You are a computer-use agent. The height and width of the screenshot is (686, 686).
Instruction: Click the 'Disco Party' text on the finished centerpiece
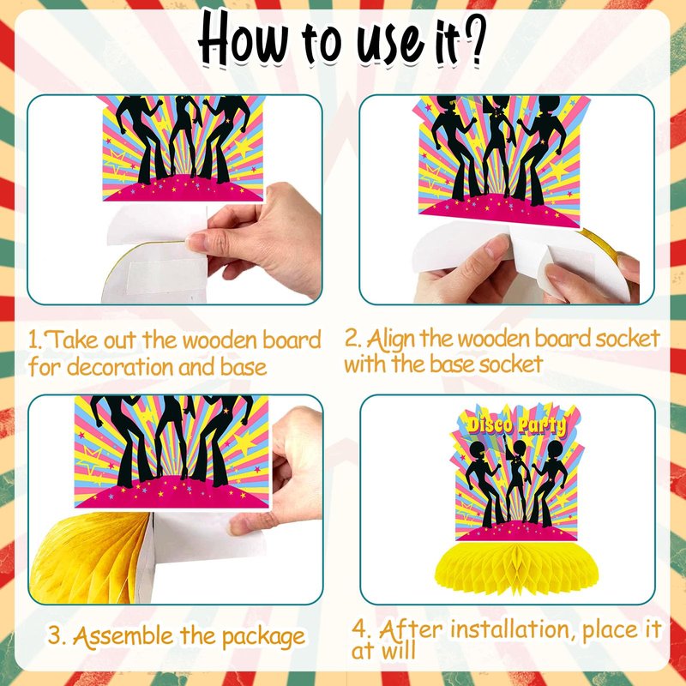tap(516, 425)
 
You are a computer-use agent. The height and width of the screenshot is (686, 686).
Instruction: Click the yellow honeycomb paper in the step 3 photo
tap(90, 558)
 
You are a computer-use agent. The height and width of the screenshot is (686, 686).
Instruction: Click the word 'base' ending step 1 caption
tap(243, 367)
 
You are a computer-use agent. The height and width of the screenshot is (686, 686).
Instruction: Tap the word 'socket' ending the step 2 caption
tap(510, 364)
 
